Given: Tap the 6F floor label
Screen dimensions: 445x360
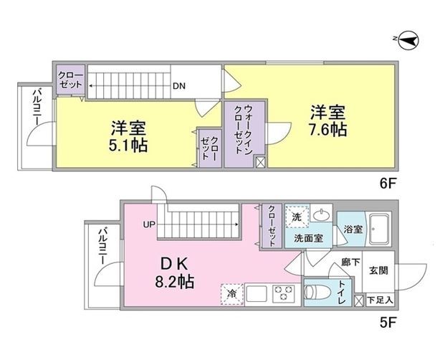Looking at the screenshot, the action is [388, 184].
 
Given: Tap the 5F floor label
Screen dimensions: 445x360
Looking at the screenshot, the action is [388, 323].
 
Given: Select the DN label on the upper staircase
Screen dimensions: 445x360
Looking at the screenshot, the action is [179, 86].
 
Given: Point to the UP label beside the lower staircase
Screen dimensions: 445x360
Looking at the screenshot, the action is [149, 224].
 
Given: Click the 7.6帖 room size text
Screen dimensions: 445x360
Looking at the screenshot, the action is [327, 130].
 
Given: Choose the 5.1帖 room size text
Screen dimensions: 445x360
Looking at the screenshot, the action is [128, 146].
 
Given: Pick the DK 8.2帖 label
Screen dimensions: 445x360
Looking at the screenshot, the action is [175, 273].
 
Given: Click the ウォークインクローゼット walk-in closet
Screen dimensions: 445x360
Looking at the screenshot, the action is [244, 133].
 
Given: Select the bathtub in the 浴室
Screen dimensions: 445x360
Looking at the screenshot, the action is [378, 229].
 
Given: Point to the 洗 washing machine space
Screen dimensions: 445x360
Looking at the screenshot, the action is [297, 217].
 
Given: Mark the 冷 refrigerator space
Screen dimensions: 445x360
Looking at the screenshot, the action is [232, 294].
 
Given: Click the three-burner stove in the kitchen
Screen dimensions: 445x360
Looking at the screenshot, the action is [284, 293].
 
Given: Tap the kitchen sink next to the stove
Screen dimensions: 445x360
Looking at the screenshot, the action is [257, 293].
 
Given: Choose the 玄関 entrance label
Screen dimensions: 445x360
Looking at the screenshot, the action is [378, 270].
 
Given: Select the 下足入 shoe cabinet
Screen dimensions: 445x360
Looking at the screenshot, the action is [380, 300].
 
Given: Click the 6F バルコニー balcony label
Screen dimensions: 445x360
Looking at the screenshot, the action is [37, 108].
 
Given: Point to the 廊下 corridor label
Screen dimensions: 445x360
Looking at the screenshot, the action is [350, 262].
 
